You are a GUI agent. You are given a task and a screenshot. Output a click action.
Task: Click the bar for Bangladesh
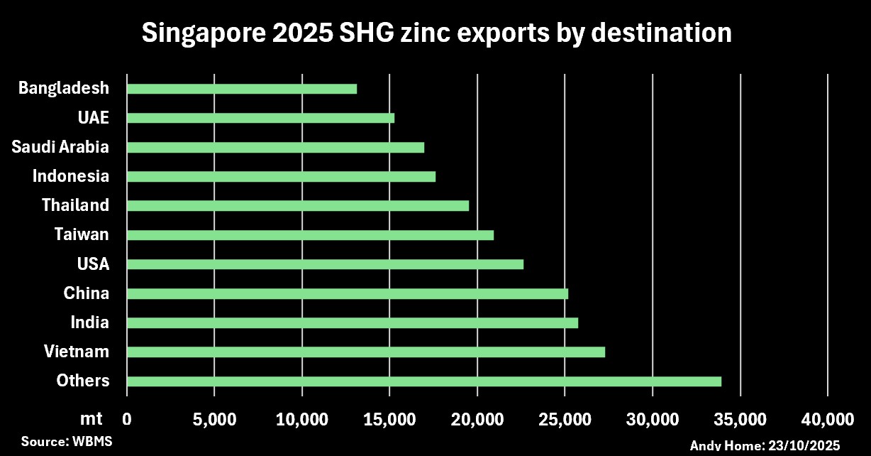point(242,89)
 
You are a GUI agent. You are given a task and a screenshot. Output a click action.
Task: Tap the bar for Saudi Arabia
point(275,147)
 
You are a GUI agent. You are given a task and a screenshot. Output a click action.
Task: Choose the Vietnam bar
point(366,352)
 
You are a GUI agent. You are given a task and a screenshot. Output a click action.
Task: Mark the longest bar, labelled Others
point(424,381)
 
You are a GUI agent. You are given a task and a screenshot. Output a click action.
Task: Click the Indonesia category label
point(71,176)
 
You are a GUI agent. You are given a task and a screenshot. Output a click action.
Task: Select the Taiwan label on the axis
point(82,234)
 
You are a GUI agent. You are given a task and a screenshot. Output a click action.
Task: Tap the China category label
point(86,293)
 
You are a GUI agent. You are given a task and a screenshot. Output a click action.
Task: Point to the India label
point(90,322)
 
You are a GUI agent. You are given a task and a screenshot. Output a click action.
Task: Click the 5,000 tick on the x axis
point(213,418)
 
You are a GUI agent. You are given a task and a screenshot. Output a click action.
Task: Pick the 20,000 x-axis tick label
point(477,418)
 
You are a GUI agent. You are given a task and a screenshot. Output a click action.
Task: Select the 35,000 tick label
point(740,418)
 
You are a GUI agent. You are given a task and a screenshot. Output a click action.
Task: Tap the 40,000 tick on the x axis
point(827,418)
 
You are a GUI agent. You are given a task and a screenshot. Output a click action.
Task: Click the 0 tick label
point(127,418)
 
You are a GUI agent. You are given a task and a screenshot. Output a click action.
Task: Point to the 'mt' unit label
point(91,418)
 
